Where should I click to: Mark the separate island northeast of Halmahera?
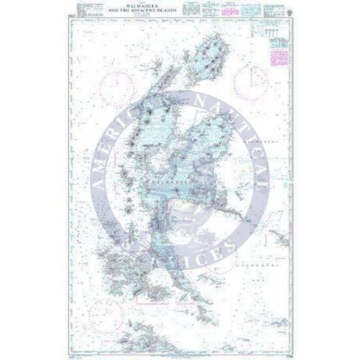pyautogui.click(x=211, y=55)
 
